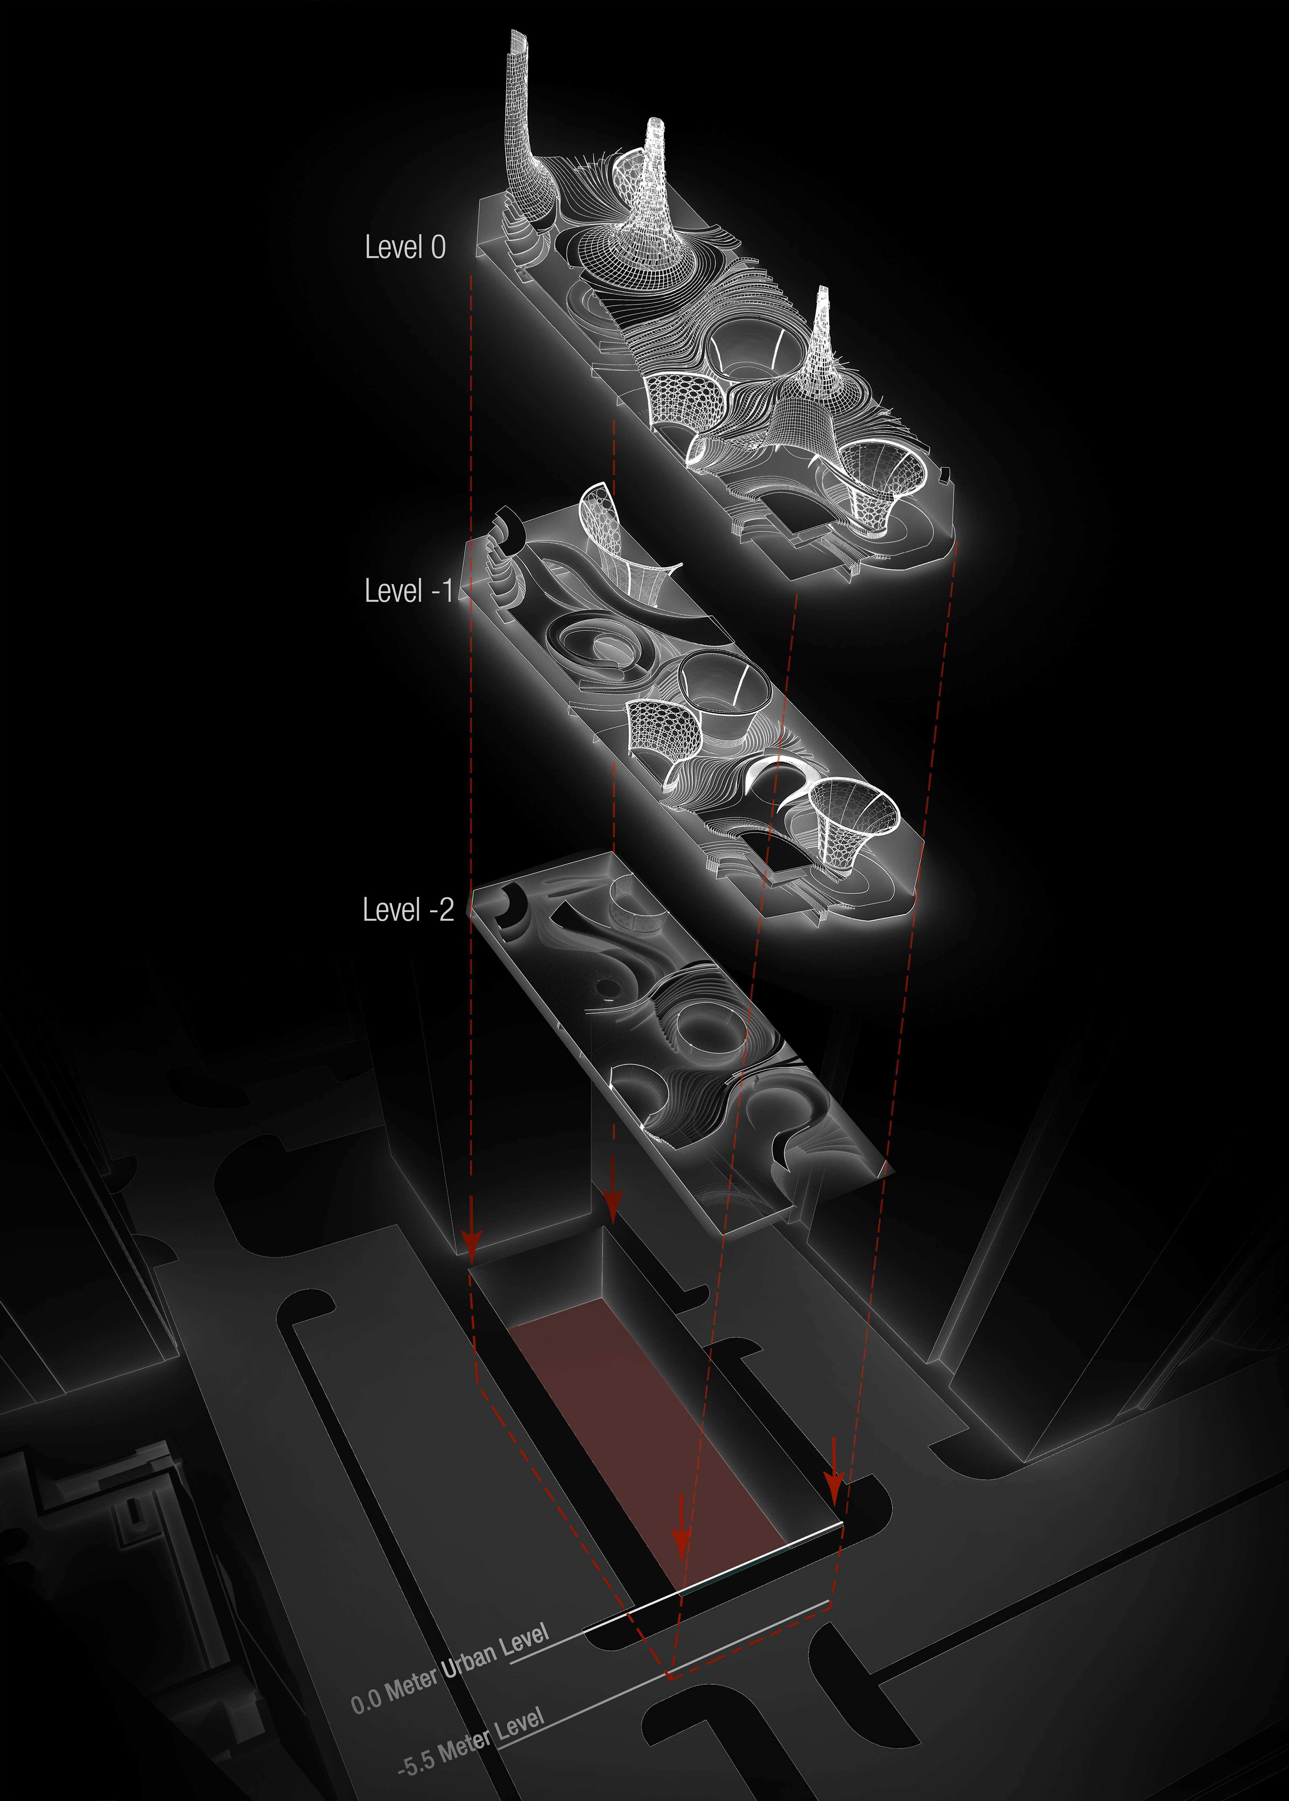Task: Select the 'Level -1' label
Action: tap(408, 590)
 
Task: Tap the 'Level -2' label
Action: tap(408, 909)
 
